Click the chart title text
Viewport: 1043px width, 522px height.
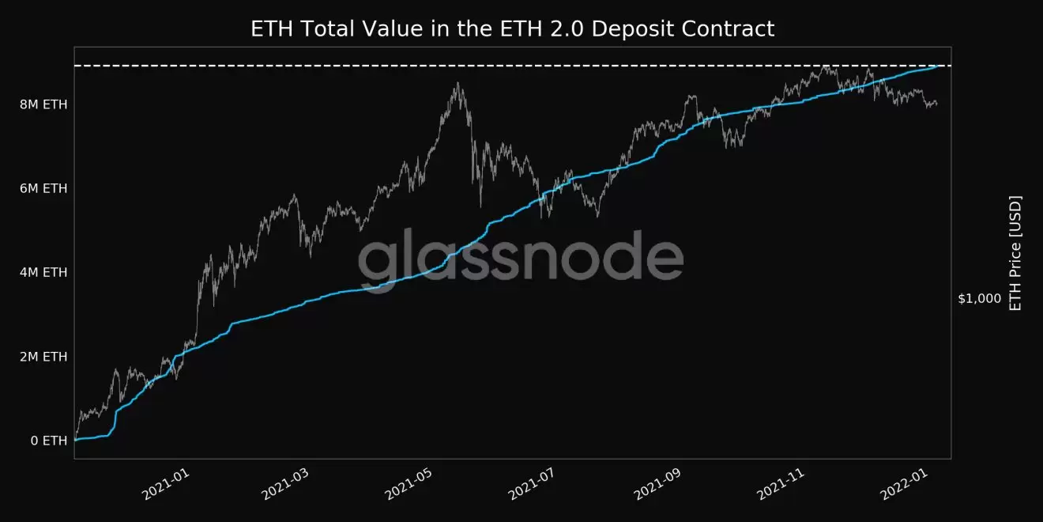[x=512, y=29]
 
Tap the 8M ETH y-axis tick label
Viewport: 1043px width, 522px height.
[x=43, y=104]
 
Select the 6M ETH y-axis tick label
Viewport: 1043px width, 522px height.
[x=43, y=188]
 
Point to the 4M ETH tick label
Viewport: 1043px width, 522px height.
[x=43, y=272]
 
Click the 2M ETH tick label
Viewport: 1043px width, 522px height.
[x=43, y=357]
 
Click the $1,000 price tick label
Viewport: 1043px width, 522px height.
[x=979, y=299]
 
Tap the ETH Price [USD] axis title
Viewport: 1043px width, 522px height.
[x=1016, y=253]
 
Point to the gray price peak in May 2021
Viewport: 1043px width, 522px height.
[x=457, y=84]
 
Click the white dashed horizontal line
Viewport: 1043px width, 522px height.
[x=316, y=66]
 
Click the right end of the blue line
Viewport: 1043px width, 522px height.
[x=938, y=66]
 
